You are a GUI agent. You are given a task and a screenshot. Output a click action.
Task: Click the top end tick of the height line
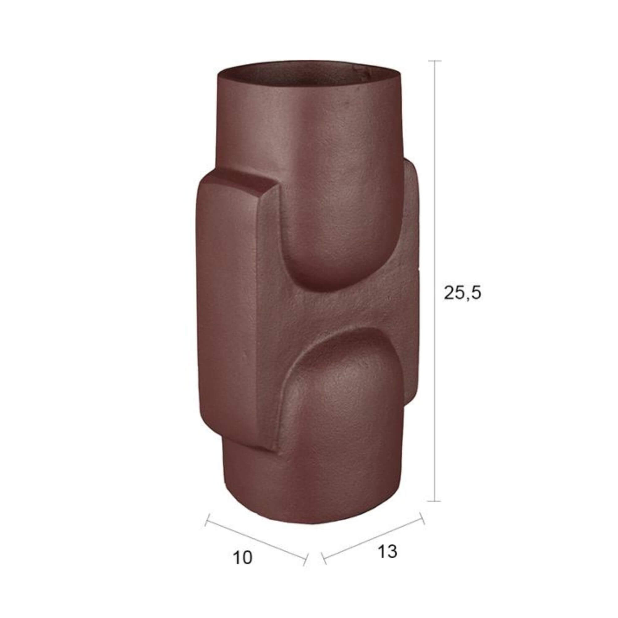(434, 61)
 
